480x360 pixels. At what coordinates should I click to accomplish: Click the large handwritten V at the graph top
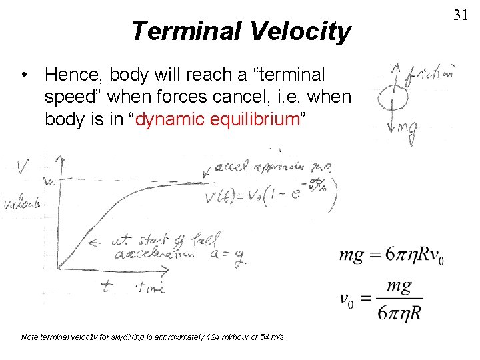coord(23,165)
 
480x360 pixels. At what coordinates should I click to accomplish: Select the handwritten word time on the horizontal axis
coord(150,287)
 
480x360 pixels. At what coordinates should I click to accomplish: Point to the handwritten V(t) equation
coord(270,195)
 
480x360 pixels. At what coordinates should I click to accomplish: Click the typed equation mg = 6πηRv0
coord(391,255)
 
